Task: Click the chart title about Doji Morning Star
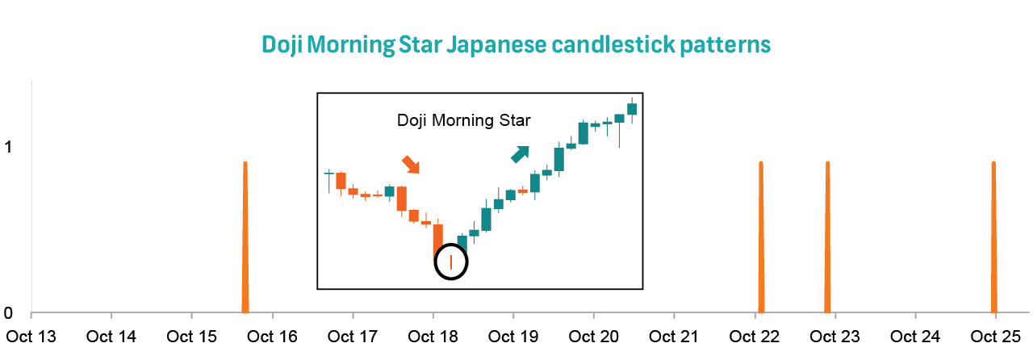(516, 44)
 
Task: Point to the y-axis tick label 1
(10, 148)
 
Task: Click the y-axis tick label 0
(10, 313)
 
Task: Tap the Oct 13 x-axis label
(31, 335)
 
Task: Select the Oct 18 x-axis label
(433, 335)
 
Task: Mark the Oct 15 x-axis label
(192, 335)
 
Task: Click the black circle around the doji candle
(451, 262)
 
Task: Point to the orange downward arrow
(411, 164)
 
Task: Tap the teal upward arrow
(520, 153)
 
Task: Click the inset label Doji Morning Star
(463, 121)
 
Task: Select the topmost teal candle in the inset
(632, 108)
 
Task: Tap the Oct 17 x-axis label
(353, 335)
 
